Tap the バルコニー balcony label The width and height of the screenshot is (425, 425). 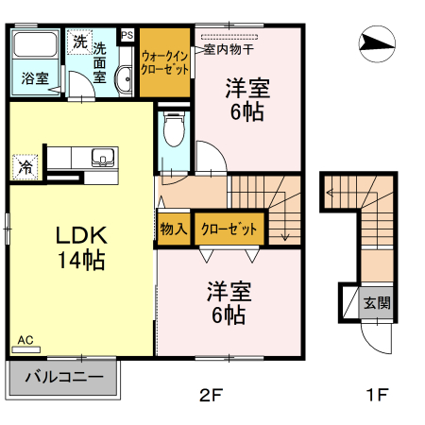pyautogui.click(x=63, y=378)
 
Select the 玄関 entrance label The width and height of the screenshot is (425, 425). pyautogui.click(x=377, y=303)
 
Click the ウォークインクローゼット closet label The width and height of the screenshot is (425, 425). pyautogui.click(x=165, y=62)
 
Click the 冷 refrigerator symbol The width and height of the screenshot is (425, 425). pyautogui.click(x=25, y=168)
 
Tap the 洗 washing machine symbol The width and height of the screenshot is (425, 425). pyautogui.click(x=79, y=43)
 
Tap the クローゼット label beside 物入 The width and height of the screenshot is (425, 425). pyautogui.click(x=228, y=229)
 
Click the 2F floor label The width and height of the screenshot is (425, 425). pyautogui.click(x=210, y=395)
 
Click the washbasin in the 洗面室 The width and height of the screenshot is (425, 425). pyautogui.click(x=124, y=79)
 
